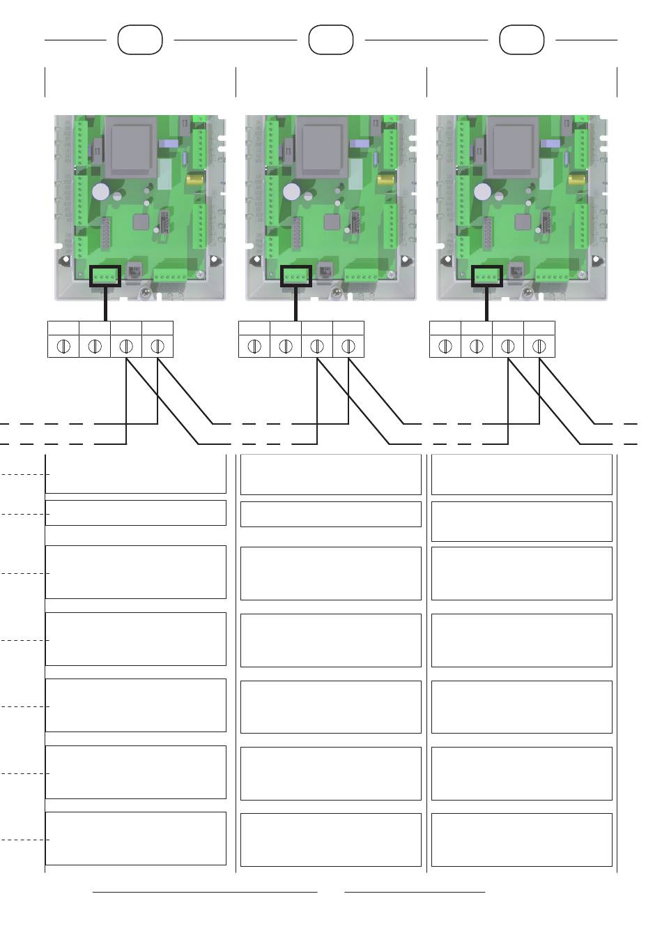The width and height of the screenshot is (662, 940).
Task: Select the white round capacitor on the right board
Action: (x=483, y=192)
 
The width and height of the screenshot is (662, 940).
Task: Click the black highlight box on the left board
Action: (x=105, y=276)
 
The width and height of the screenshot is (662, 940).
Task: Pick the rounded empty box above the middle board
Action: (x=331, y=40)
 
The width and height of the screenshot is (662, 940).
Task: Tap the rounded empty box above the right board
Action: (x=522, y=40)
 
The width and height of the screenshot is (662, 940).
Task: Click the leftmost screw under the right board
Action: (x=445, y=346)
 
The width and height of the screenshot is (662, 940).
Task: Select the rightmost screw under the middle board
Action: (x=348, y=346)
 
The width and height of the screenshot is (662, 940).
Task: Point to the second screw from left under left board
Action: (x=95, y=346)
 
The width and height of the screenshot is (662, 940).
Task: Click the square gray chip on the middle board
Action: (x=330, y=222)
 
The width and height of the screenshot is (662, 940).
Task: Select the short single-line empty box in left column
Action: (x=136, y=513)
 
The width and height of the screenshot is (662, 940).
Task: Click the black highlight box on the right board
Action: (x=487, y=276)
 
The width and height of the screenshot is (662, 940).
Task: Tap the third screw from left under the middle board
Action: (x=317, y=346)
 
